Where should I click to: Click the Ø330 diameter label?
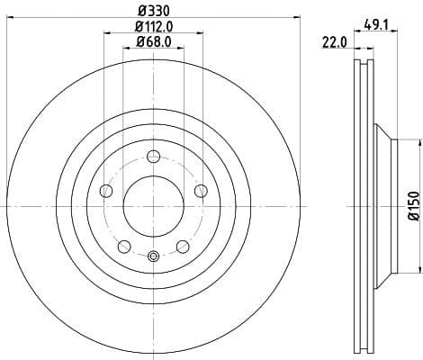coord(153,12)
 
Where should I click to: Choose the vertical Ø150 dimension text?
coord(413,205)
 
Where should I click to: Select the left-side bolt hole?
coord(106,190)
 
